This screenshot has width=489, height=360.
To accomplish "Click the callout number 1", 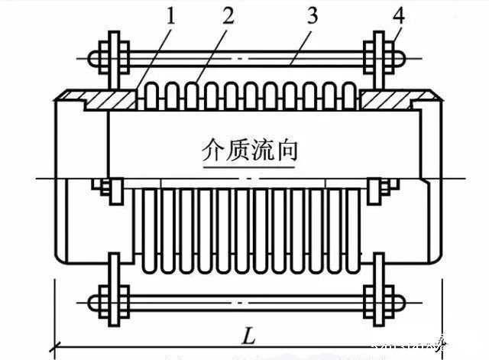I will click(x=170, y=16).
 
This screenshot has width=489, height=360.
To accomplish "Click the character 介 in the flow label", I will click(x=212, y=149).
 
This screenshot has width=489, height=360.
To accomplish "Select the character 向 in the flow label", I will click(x=287, y=149).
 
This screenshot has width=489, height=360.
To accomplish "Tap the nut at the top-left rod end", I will click(x=96, y=57).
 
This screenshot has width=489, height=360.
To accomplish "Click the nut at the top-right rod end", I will click(x=397, y=57).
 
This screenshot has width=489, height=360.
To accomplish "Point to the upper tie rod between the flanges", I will click(x=244, y=57).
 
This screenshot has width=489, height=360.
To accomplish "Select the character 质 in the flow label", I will click(x=238, y=149).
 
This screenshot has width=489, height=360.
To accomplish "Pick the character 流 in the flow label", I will click(x=263, y=149).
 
